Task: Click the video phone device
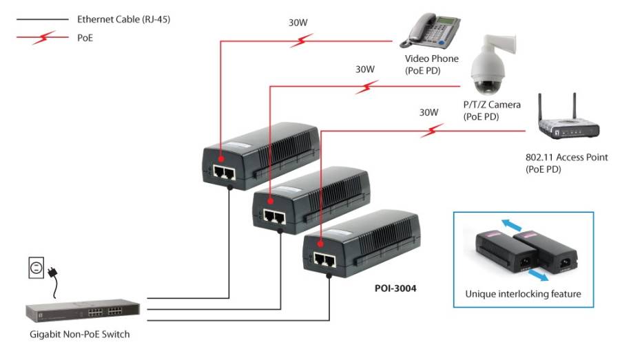[430, 30]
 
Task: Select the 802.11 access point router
[568, 123]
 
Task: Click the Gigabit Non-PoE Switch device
[83, 310]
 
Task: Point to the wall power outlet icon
[36, 268]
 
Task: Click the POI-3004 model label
[395, 288]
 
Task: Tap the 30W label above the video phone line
[298, 23]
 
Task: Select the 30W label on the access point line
[428, 112]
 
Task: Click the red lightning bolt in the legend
[44, 38]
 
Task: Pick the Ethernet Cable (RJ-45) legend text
[123, 19]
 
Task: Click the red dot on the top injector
[221, 159]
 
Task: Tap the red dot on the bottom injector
[320, 244]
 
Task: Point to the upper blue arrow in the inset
[512, 225]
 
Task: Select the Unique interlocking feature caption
[523, 294]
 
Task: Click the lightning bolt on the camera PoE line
[366, 87]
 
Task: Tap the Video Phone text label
[431, 59]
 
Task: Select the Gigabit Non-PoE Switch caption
[79, 335]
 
